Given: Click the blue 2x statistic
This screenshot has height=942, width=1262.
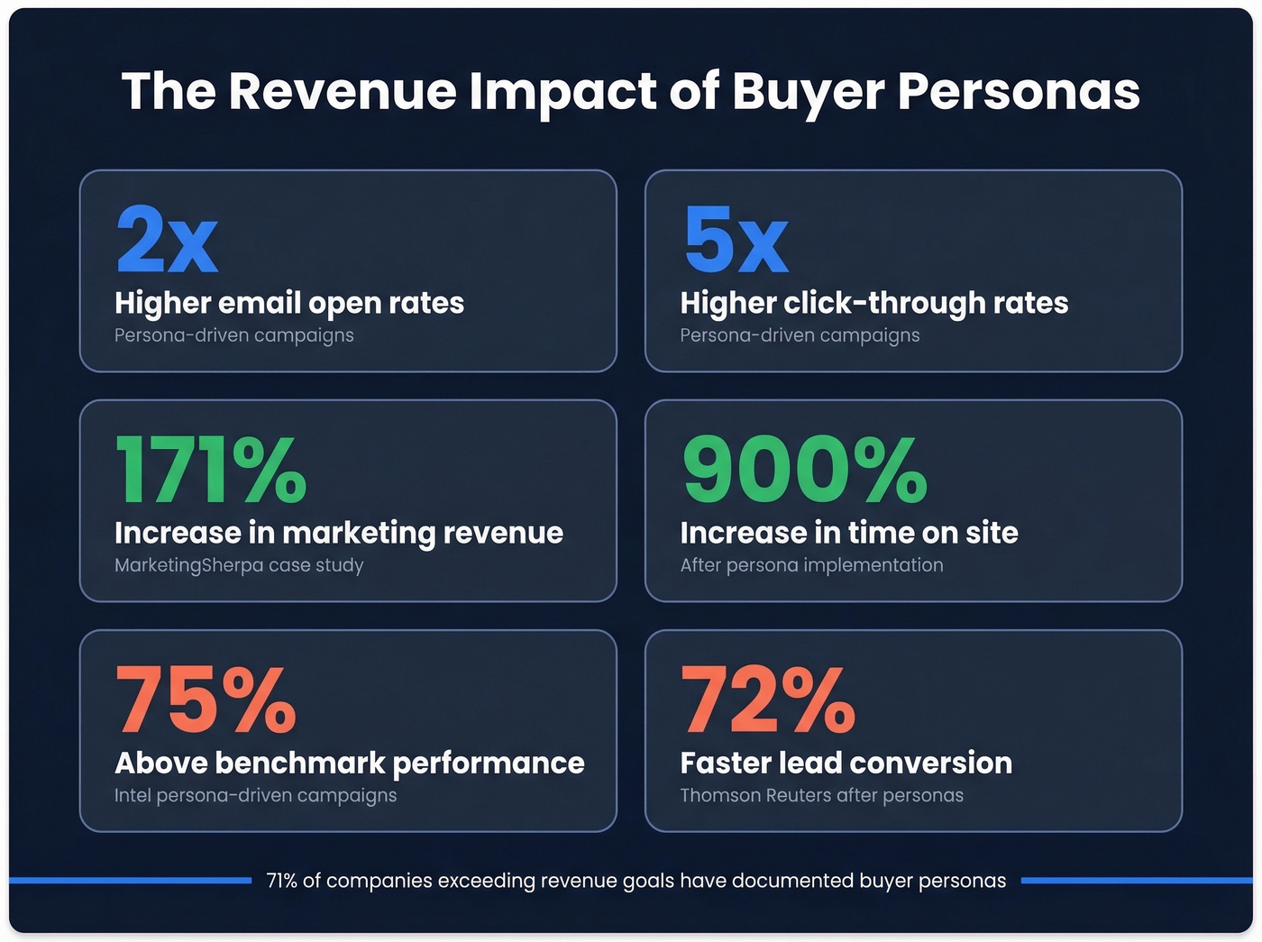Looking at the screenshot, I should tap(167, 240).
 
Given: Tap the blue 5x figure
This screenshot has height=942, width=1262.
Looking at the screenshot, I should tap(736, 240).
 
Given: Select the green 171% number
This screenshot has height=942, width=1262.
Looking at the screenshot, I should tap(211, 470).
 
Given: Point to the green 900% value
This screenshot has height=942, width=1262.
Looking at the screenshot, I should tap(804, 470).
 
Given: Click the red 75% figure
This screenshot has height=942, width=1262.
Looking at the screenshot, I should tap(206, 700).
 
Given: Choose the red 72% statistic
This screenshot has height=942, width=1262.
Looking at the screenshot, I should tap(768, 700).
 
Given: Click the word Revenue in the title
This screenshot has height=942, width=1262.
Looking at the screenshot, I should tap(343, 91).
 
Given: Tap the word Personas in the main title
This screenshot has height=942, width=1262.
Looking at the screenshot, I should tap(1019, 91).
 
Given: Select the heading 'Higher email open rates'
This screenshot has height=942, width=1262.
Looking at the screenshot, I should tap(289, 303).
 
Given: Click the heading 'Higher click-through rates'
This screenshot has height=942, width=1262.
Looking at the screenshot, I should tap(873, 303).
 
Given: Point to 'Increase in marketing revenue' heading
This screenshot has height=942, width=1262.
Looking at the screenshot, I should tap(339, 533).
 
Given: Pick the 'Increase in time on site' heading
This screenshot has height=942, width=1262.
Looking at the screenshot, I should tap(849, 533).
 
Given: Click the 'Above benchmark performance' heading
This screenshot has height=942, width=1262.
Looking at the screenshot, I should tap(350, 763).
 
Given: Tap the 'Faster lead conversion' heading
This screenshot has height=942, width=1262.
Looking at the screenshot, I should tap(846, 763).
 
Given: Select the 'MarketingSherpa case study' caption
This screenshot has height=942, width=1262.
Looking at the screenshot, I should tap(239, 565).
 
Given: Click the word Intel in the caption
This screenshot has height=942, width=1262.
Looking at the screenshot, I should tap(133, 795).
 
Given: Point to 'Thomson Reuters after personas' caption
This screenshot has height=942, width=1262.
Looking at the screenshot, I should tap(821, 795).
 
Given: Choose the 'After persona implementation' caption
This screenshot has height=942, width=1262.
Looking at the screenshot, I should tap(811, 565).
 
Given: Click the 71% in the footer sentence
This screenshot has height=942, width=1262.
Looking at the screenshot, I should tap(282, 881).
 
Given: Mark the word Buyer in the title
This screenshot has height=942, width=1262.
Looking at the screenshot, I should tap(808, 91).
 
